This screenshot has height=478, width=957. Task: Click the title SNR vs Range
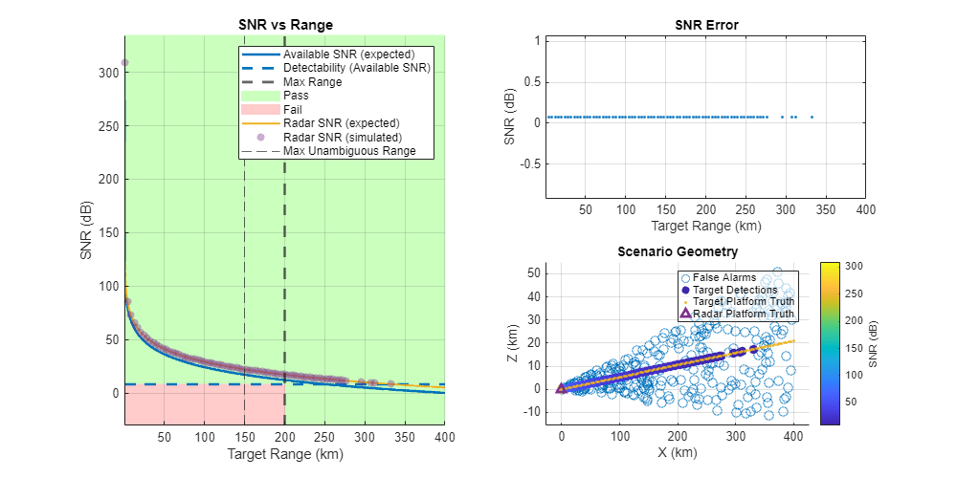click(284, 25)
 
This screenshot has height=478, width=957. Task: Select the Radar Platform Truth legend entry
click(744, 313)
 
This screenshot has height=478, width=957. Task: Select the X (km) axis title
click(677, 453)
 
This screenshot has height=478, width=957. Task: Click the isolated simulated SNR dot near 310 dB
click(124, 63)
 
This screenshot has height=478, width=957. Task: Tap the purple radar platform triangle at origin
click(562, 388)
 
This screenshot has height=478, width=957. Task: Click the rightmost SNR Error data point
click(812, 117)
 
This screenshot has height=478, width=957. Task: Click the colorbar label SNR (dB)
click(873, 342)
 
